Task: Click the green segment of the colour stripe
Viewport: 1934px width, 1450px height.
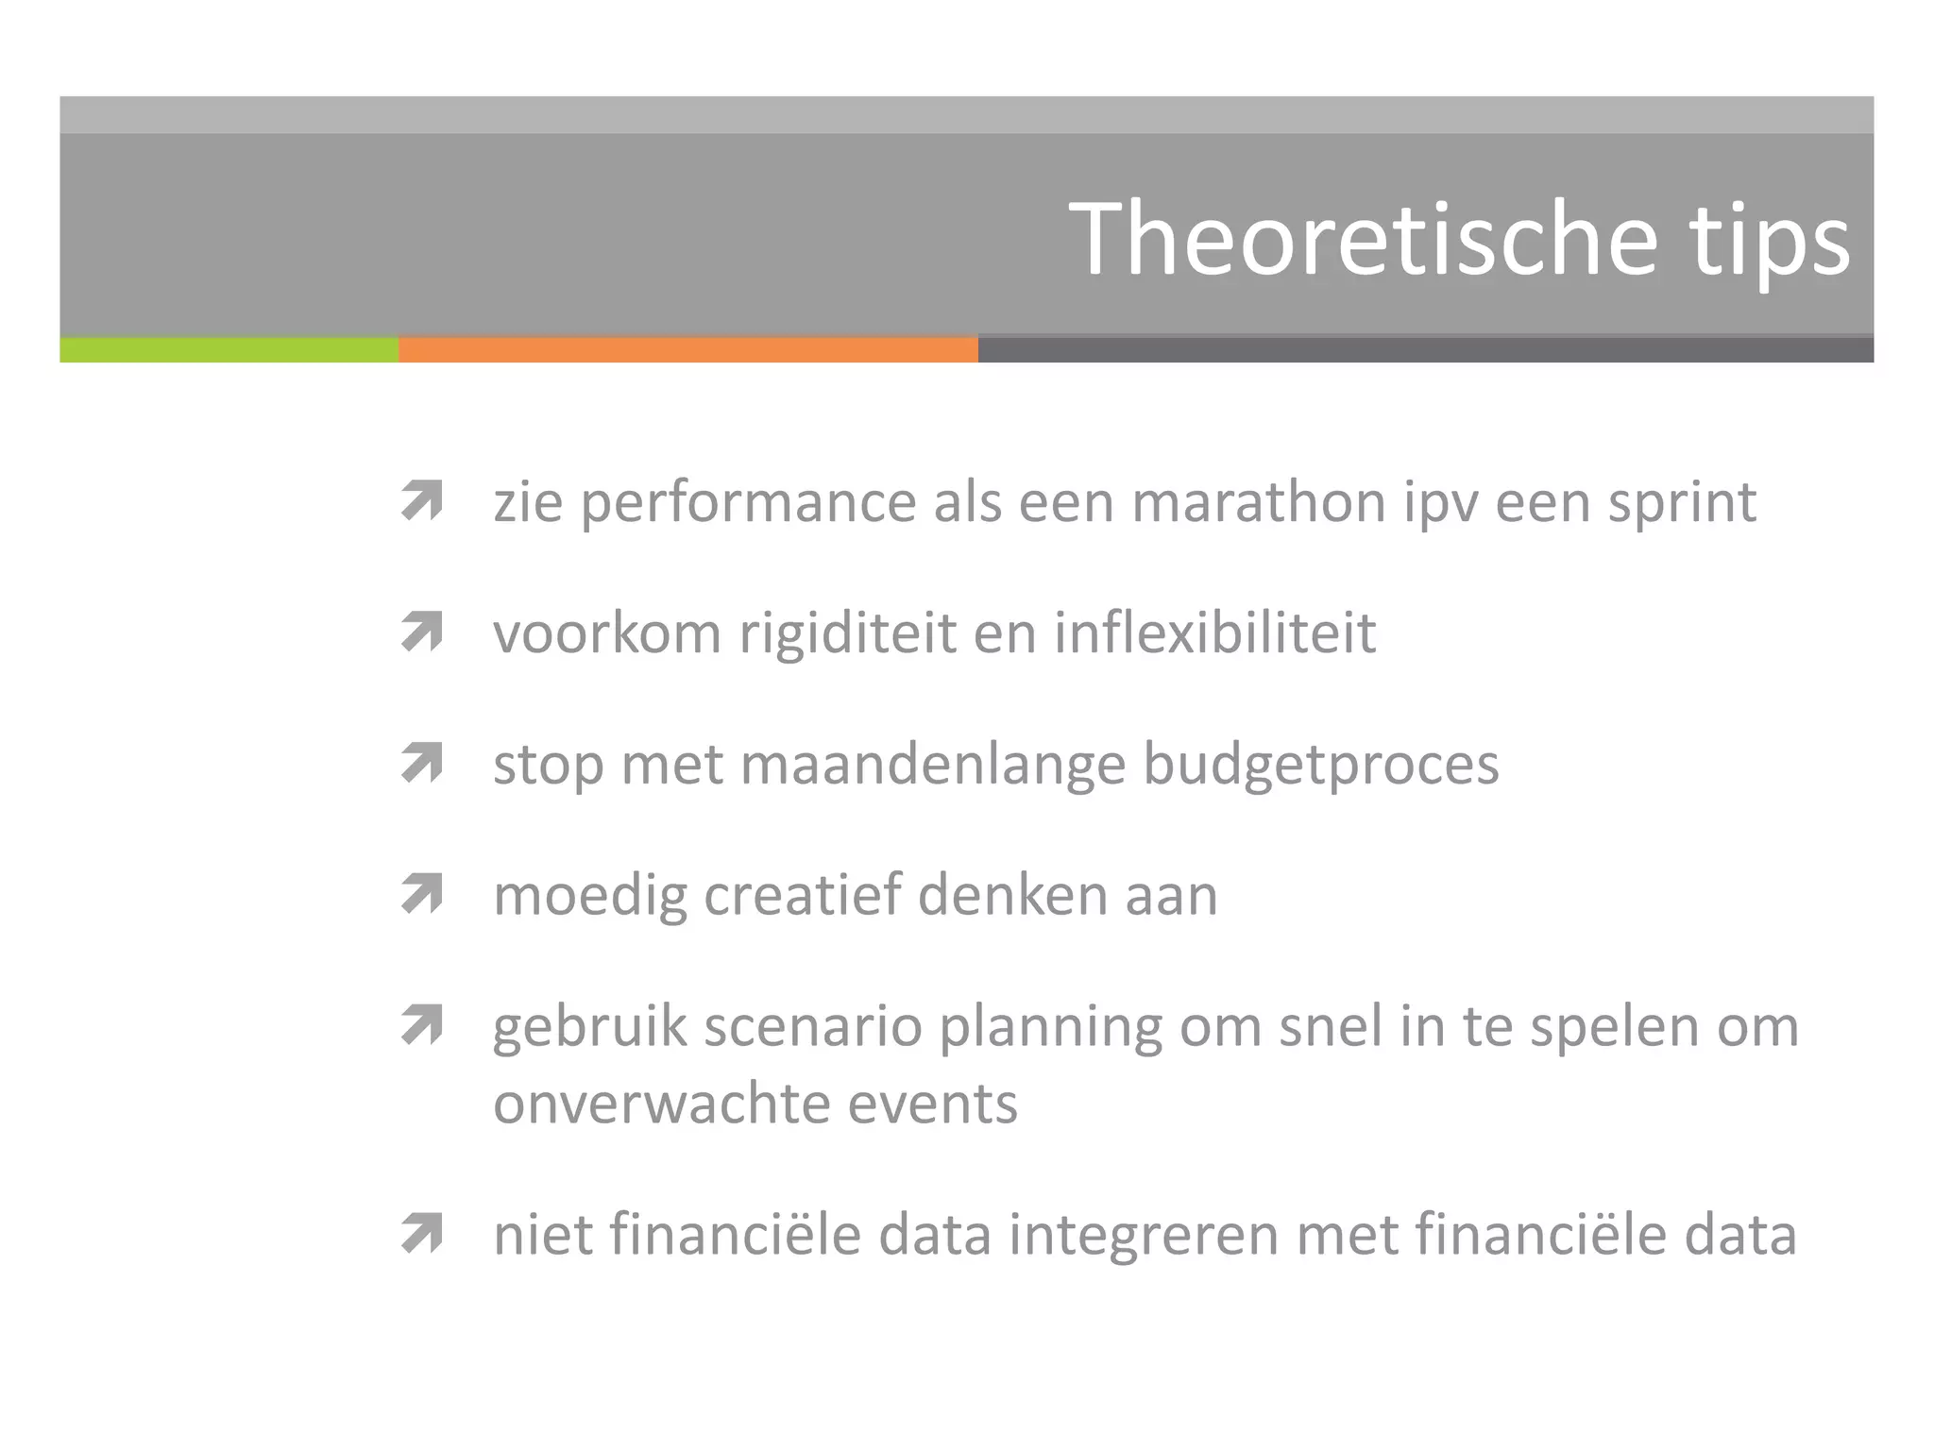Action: click(x=229, y=350)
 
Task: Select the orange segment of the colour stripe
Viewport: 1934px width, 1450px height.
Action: click(x=687, y=350)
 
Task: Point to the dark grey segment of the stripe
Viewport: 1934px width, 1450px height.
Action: click(x=1425, y=350)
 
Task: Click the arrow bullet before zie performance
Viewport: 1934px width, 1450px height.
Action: click(x=422, y=500)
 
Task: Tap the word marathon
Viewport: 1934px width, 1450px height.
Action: click(x=1258, y=501)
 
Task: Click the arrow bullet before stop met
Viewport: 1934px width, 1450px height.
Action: click(x=422, y=763)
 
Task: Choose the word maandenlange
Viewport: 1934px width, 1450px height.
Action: click(x=933, y=765)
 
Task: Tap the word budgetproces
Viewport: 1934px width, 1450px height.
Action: click(x=1321, y=765)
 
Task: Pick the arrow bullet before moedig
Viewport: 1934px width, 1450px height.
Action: click(x=422, y=894)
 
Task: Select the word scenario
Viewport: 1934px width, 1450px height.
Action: click(x=812, y=1027)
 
